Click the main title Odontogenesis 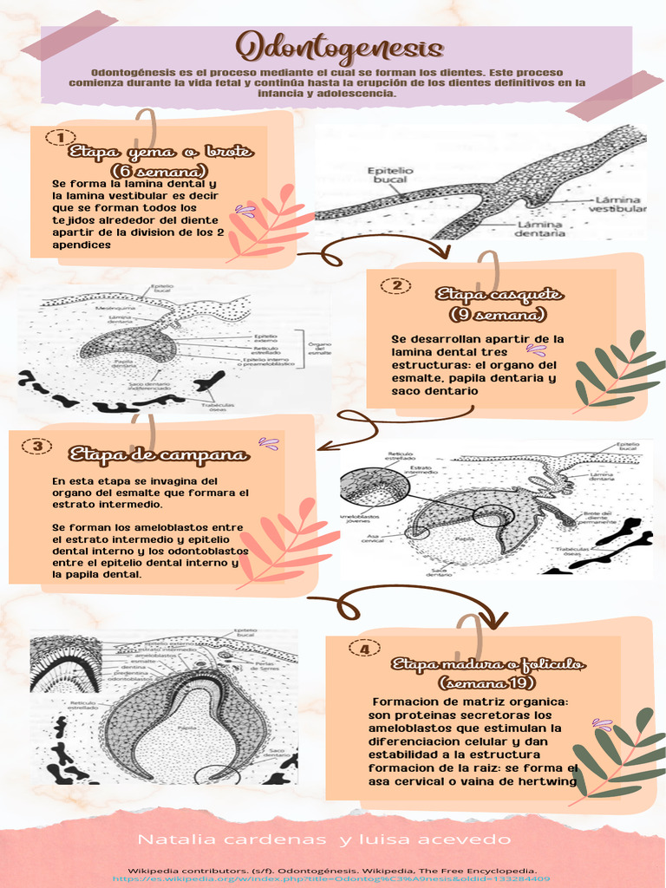coord(340,47)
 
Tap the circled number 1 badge coord(59,138)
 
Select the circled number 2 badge coord(396,285)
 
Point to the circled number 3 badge coord(37,446)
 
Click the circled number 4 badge coord(364,649)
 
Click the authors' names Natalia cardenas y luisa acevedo coord(325,839)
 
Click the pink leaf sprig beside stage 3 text coord(286,543)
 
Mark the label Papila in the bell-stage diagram coord(465,537)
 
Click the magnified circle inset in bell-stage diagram coord(374,486)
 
